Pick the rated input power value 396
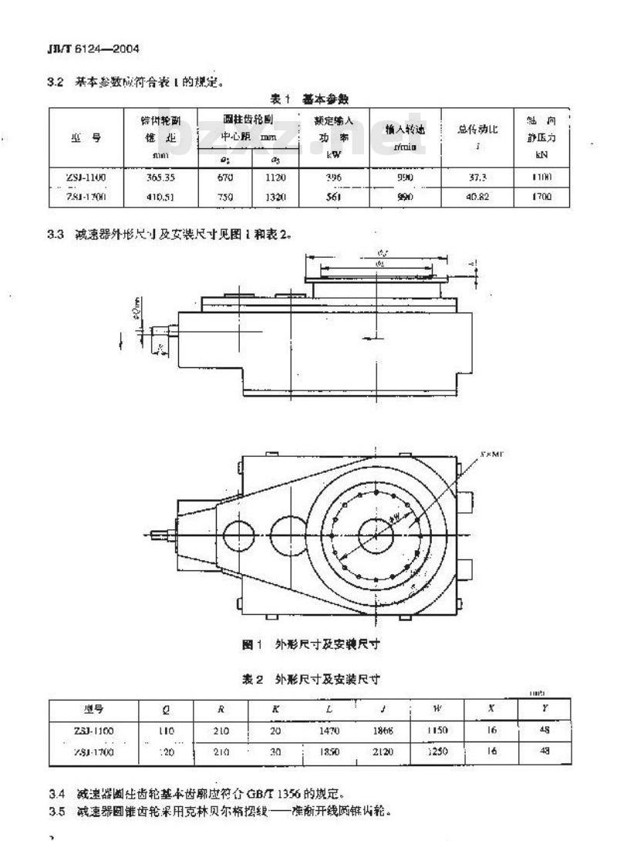(333, 177)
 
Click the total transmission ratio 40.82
(479, 196)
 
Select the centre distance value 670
(224, 177)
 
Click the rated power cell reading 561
(333, 196)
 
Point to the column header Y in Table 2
(545, 708)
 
